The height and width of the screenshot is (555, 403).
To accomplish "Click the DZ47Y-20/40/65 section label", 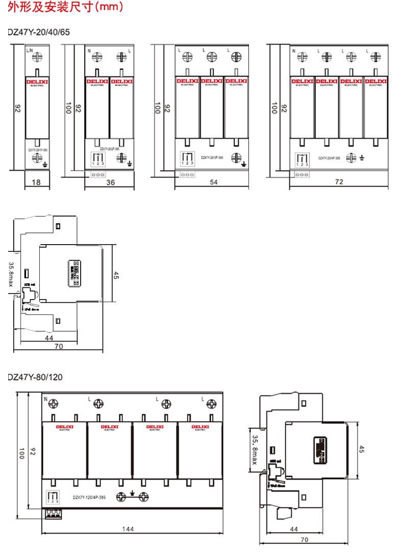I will pyautogui.click(x=38, y=32).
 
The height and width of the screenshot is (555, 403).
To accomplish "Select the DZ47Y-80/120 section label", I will pyautogui.click(x=34, y=377).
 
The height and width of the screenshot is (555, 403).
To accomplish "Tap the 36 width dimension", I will pyautogui.click(x=110, y=182).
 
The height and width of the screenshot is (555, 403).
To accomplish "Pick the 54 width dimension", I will pyautogui.click(x=213, y=182).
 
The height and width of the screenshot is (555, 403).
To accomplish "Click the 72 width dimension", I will pyautogui.click(x=339, y=182).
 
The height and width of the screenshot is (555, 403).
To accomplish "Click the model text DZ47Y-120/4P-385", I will pyautogui.click(x=89, y=497).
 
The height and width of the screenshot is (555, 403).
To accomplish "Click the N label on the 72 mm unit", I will pyautogui.click(x=293, y=51).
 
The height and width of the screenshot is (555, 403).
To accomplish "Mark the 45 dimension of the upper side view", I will pyautogui.click(x=116, y=275).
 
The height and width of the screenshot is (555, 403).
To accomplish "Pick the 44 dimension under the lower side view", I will pyautogui.click(x=293, y=529).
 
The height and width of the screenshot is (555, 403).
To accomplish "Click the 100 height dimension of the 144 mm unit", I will pyautogui.click(x=21, y=454).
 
